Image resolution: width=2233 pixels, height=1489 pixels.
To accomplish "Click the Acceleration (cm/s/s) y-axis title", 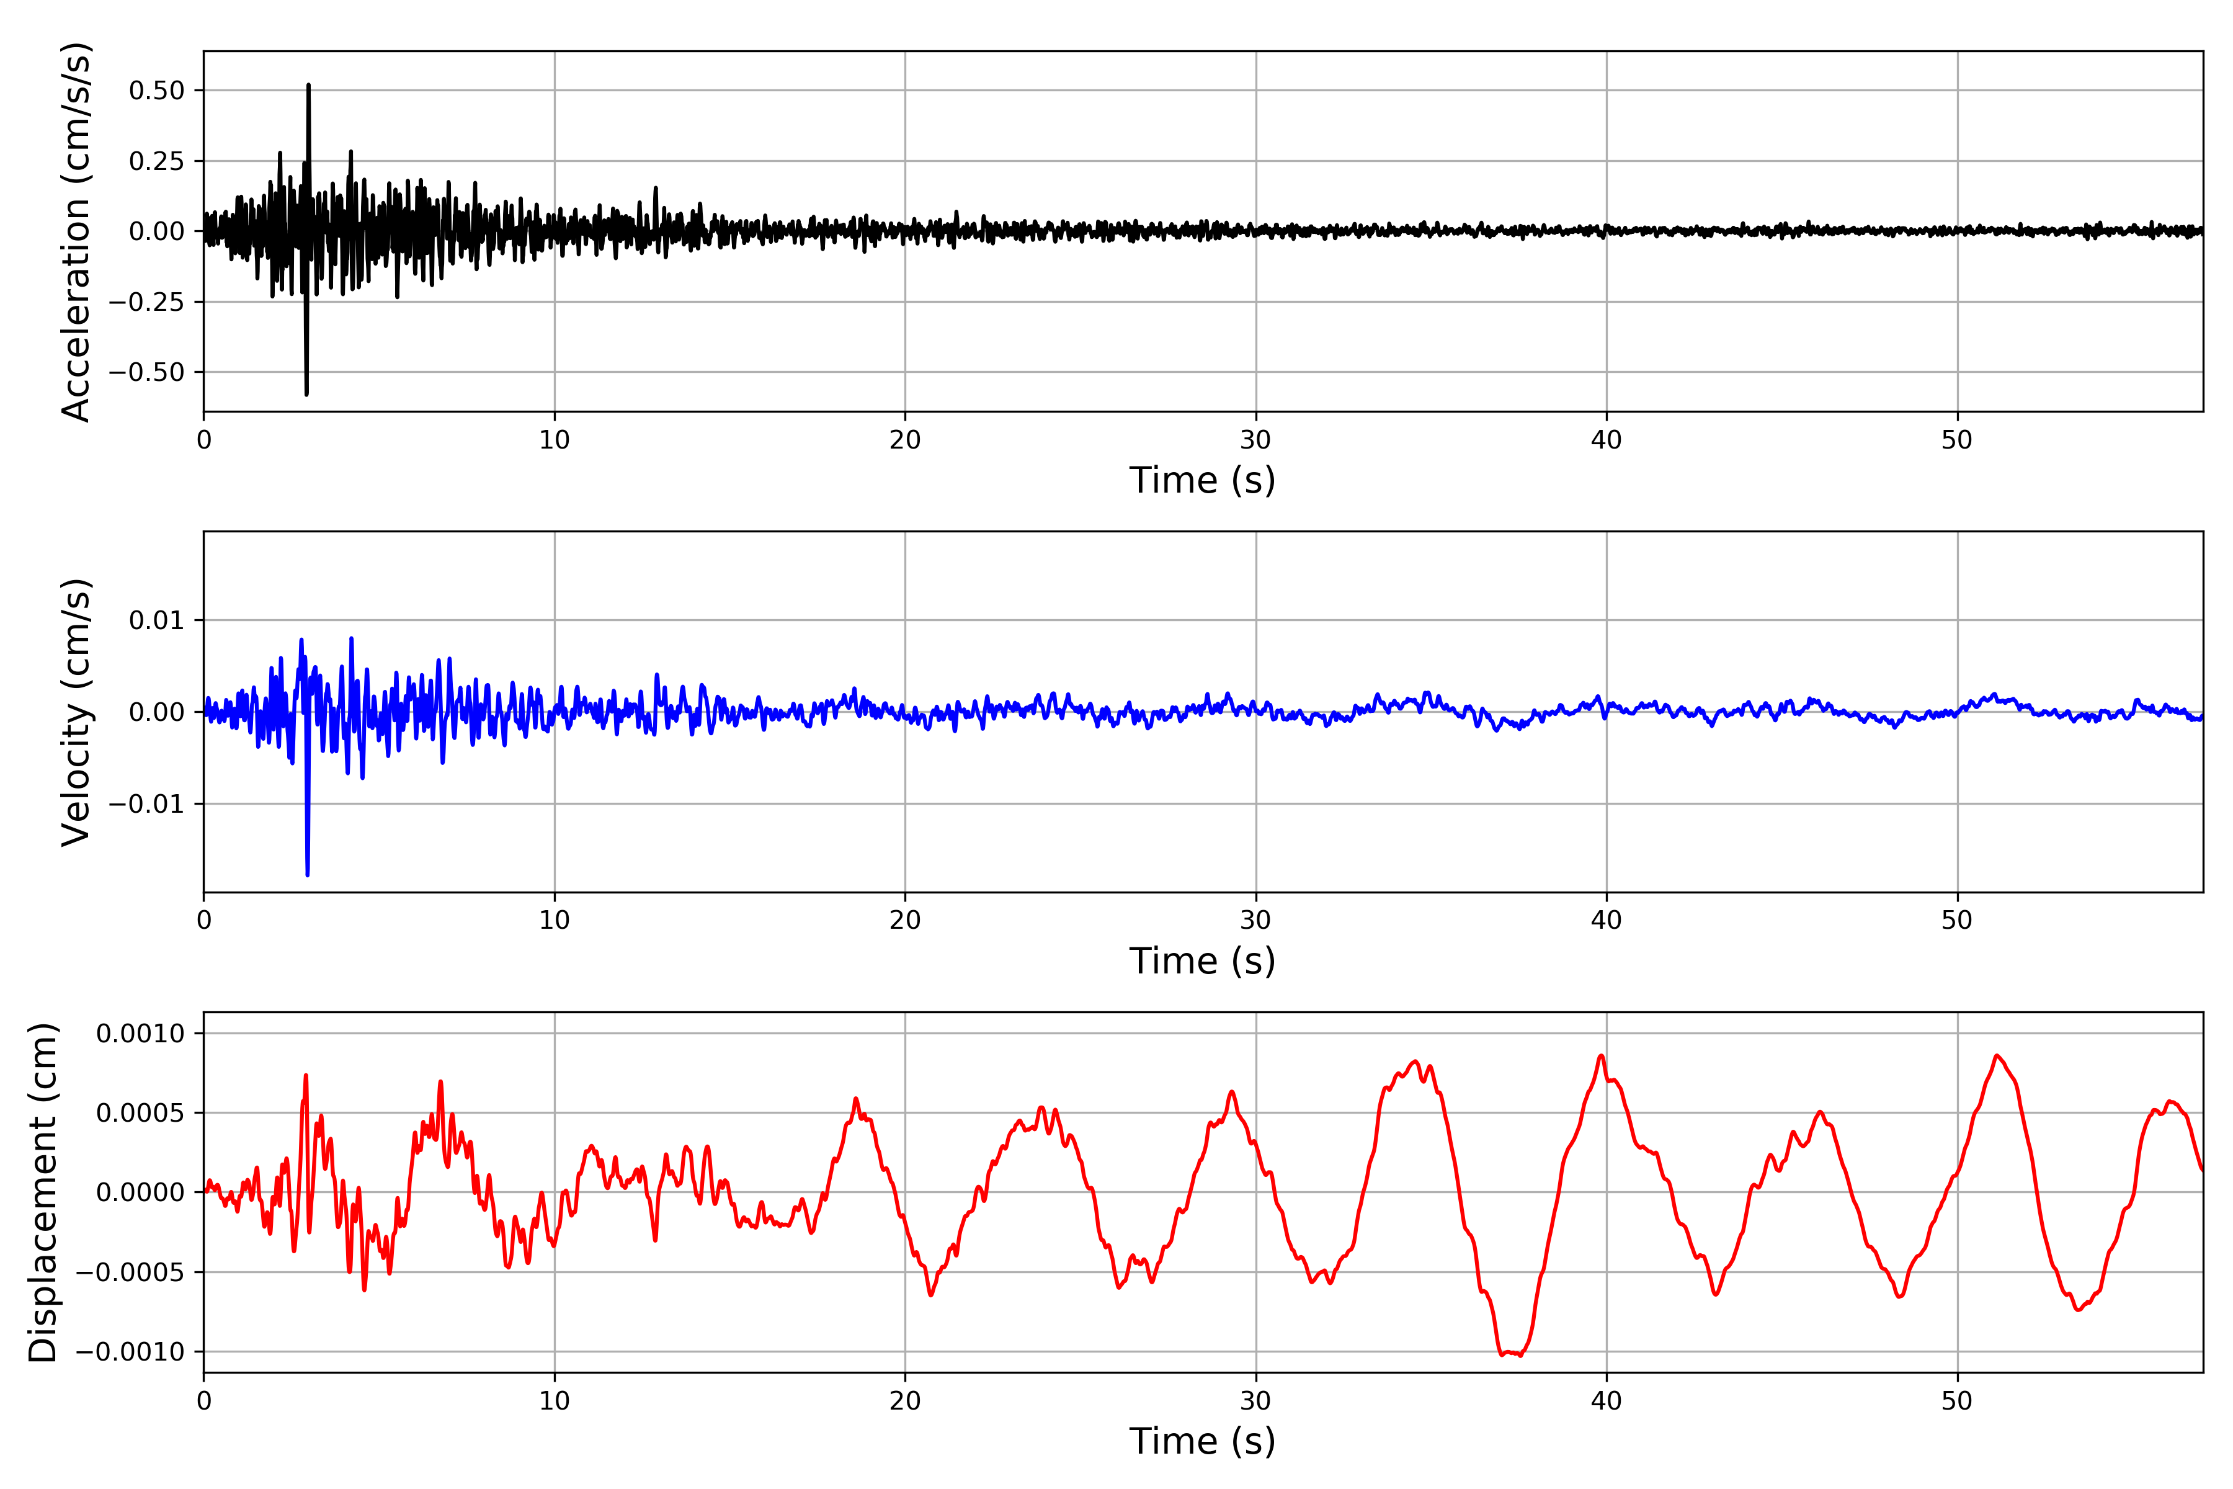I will click(x=76, y=231).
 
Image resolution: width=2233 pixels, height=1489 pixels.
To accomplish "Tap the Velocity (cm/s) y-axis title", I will click(x=76, y=711).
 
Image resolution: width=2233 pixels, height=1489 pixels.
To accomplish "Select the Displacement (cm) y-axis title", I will click(x=43, y=1192).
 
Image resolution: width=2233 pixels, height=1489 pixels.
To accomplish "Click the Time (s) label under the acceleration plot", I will click(x=1202, y=480).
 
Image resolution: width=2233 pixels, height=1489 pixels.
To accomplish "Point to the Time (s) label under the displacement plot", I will click(x=1202, y=1441).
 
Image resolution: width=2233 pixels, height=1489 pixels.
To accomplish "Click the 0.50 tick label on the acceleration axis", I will click(x=157, y=91).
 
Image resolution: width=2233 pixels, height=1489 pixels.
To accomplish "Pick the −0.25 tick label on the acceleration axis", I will click(x=146, y=302).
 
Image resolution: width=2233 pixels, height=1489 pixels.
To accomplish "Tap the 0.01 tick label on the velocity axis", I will click(x=157, y=621).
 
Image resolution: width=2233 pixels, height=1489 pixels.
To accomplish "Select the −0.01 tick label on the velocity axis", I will click(x=146, y=804).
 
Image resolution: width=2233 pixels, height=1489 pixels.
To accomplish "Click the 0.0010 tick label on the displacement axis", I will click(x=141, y=1033).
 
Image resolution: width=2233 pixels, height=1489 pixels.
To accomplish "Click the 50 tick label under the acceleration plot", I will click(x=1957, y=440).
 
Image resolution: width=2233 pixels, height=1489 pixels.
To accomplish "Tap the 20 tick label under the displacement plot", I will click(x=905, y=1401).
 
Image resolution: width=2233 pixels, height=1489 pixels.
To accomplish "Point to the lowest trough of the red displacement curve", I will click(x=1520, y=1355).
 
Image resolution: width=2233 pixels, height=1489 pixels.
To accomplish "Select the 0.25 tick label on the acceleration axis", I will click(x=157, y=161).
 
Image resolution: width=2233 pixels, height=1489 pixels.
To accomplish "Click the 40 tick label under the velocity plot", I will click(x=1607, y=920).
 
